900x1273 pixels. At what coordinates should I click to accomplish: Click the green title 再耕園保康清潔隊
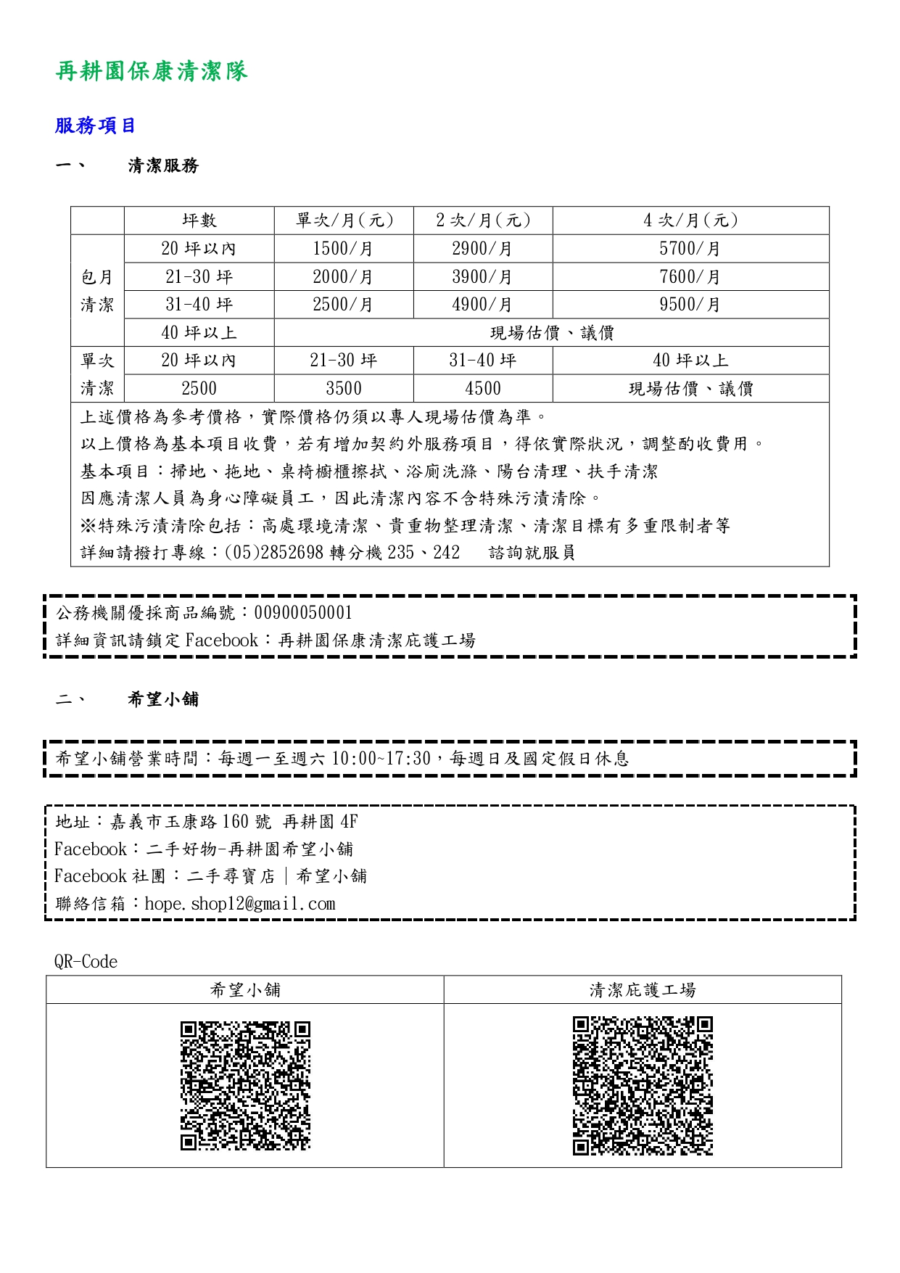click(152, 71)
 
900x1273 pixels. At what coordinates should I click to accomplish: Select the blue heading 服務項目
click(95, 125)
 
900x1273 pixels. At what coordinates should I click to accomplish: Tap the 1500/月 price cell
click(343, 249)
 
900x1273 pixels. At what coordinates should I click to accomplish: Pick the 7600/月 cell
click(690, 277)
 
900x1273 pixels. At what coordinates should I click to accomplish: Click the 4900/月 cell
click(482, 305)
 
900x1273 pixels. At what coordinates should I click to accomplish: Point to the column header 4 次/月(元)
click(690, 221)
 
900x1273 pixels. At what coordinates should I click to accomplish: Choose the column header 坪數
click(199, 221)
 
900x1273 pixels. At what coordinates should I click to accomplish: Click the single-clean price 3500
click(343, 389)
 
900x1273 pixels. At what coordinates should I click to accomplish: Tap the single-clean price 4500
click(482, 389)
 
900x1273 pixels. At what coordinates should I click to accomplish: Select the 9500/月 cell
click(690, 305)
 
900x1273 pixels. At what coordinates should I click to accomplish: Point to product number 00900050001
click(303, 613)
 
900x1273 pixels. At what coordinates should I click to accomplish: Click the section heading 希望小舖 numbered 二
click(162, 699)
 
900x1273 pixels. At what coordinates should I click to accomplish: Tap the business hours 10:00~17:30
click(381, 759)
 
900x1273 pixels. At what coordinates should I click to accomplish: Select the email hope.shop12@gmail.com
click(240, 904)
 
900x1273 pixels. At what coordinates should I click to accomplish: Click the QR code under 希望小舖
click(245, 1085)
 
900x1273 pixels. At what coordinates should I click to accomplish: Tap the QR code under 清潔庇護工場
click(643, 1085)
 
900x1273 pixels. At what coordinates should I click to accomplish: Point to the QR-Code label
click(86, 962)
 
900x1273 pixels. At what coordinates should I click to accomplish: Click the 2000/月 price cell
click(343, 277)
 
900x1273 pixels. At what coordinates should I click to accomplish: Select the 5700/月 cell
click(690, 249)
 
